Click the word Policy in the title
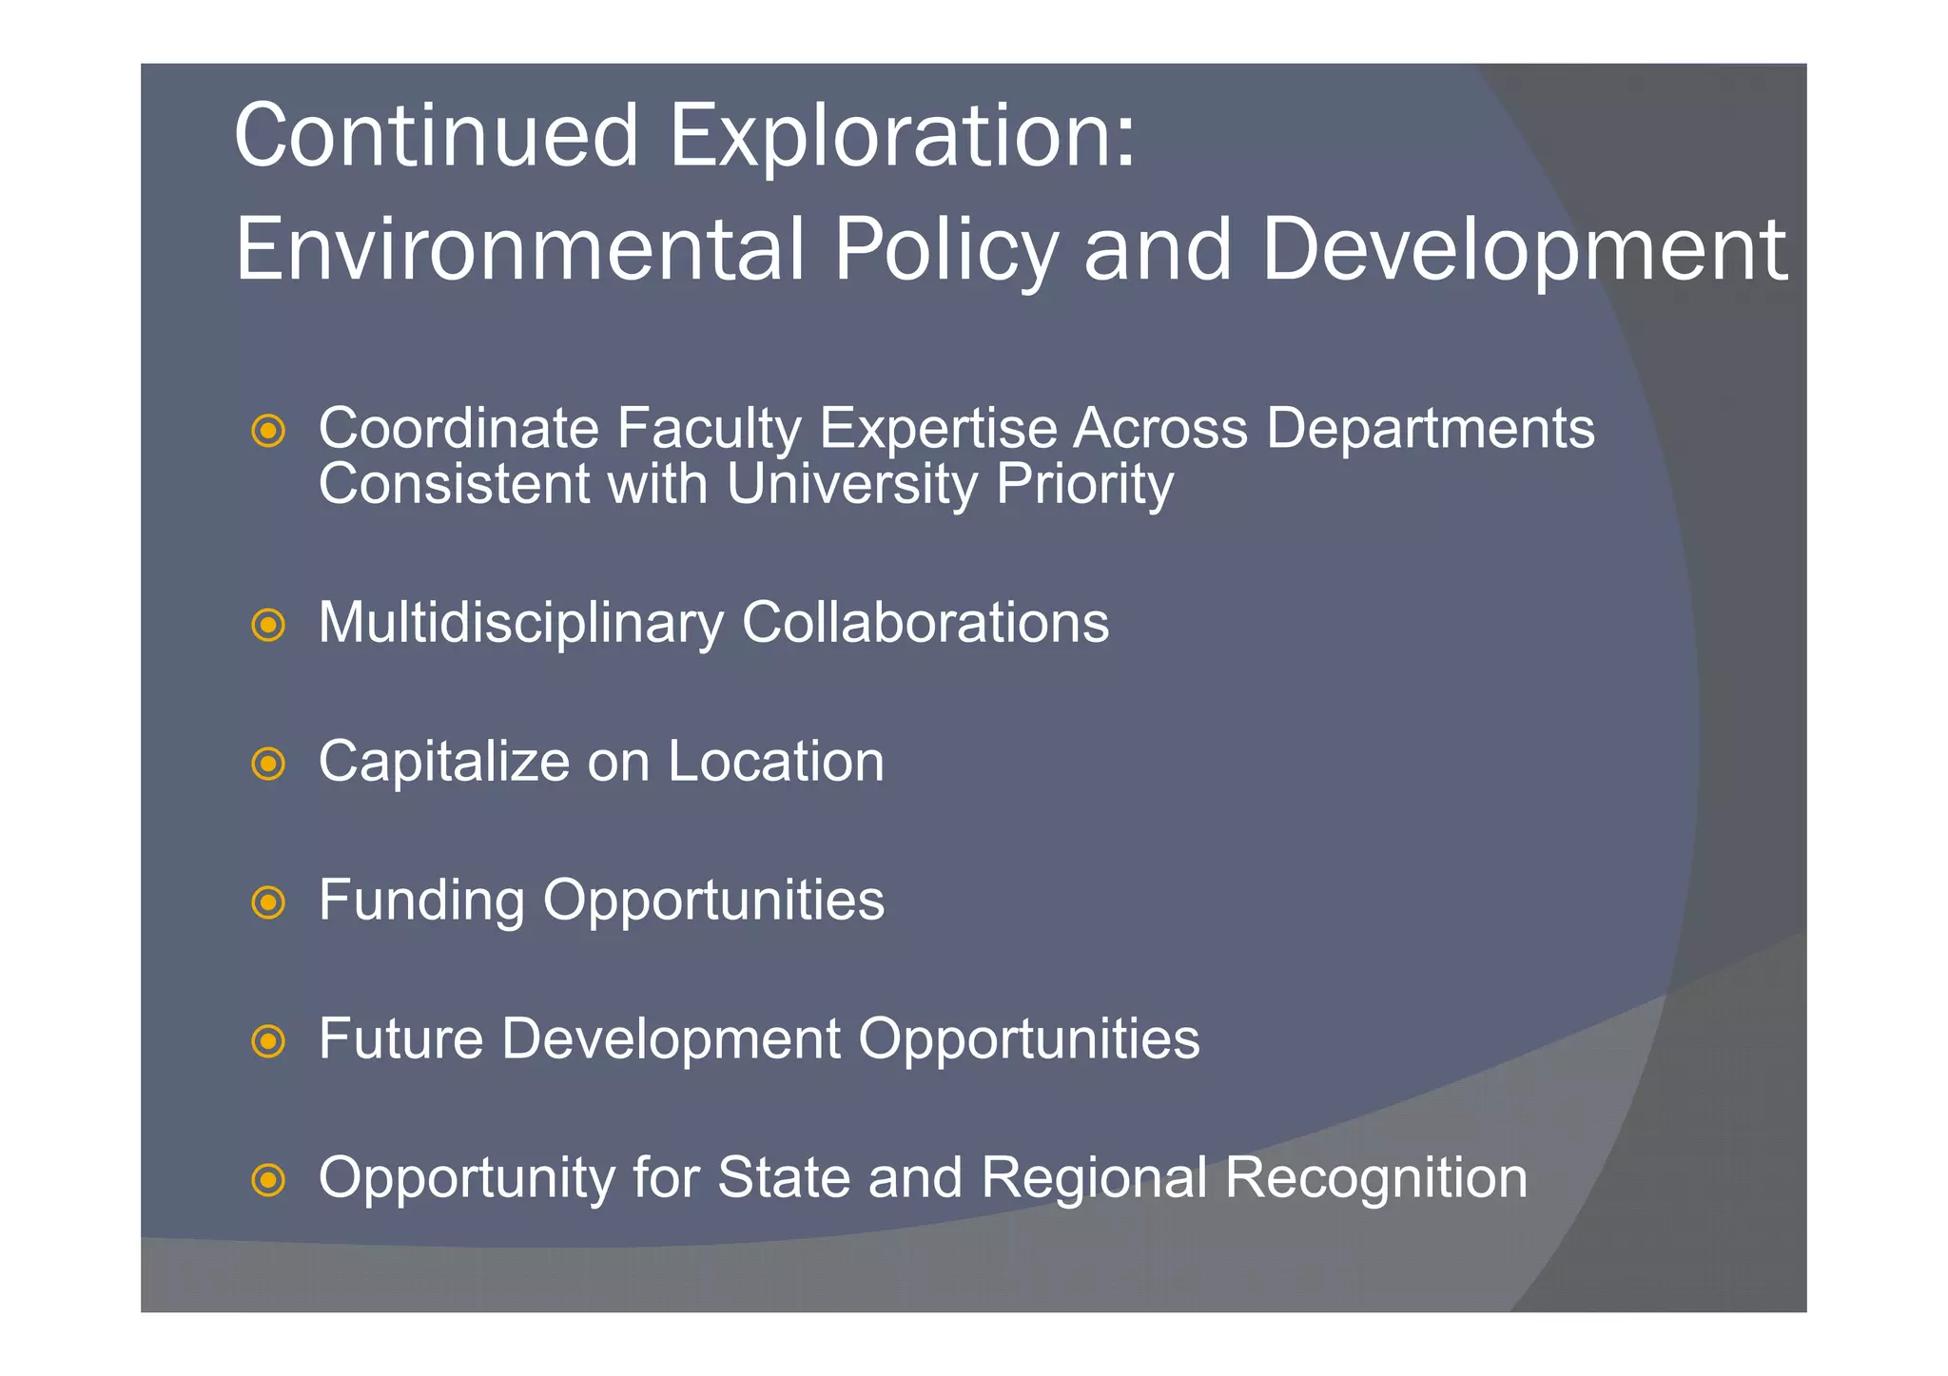tap(945, 251)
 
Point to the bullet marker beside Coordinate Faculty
tap(268, 432)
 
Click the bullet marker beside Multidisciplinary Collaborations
tap(268, 626)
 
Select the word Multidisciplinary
tap(520, 624)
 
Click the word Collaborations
tap(925, 623)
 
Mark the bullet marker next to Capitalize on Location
tap(268, 765)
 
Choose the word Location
tap(775, 762)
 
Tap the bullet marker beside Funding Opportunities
tap(268, 903)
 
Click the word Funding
tap(421, 901)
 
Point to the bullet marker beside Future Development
tap(268, 1042)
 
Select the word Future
tap(400, 1038)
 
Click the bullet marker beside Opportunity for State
tap(268, 1181)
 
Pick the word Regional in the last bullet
tap(1094, 1179)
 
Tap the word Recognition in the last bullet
tap(1375, 1179)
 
